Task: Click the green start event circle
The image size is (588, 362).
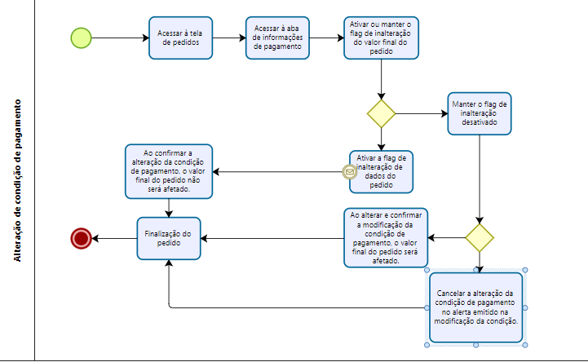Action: pos(81,38)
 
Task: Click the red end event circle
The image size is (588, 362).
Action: pos(82,238)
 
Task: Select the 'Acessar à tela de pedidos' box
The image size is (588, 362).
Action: pos(181,38)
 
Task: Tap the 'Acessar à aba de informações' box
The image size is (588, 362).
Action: pos(277,38)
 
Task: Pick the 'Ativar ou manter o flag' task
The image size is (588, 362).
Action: pos(381,38)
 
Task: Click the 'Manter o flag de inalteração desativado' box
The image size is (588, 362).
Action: pos(480,113)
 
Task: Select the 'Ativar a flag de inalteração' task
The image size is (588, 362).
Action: pos(382,172)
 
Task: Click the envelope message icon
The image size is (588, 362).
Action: pos(350,172)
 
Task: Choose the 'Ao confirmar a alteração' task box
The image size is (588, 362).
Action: pos(169,171)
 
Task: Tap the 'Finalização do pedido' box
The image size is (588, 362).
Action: pos(169,238)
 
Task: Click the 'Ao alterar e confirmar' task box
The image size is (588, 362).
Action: pos(386,238)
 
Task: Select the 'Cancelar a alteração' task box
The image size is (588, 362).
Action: pos(476,307)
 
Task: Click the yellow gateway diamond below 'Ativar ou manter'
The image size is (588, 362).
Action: pos(381,113)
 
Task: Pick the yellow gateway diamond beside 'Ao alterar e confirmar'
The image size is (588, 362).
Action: pos(480,238)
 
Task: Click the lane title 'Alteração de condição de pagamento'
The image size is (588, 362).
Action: pos(17,181)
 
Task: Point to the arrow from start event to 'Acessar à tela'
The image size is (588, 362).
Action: pos(120,38)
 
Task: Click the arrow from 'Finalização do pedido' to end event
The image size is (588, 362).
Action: pos(114,238)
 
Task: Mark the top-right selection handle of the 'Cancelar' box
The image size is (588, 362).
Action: pos(525,270)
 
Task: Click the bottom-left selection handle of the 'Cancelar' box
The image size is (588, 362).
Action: pos(427,345)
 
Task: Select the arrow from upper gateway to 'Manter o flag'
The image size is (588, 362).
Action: pos(422,113)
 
